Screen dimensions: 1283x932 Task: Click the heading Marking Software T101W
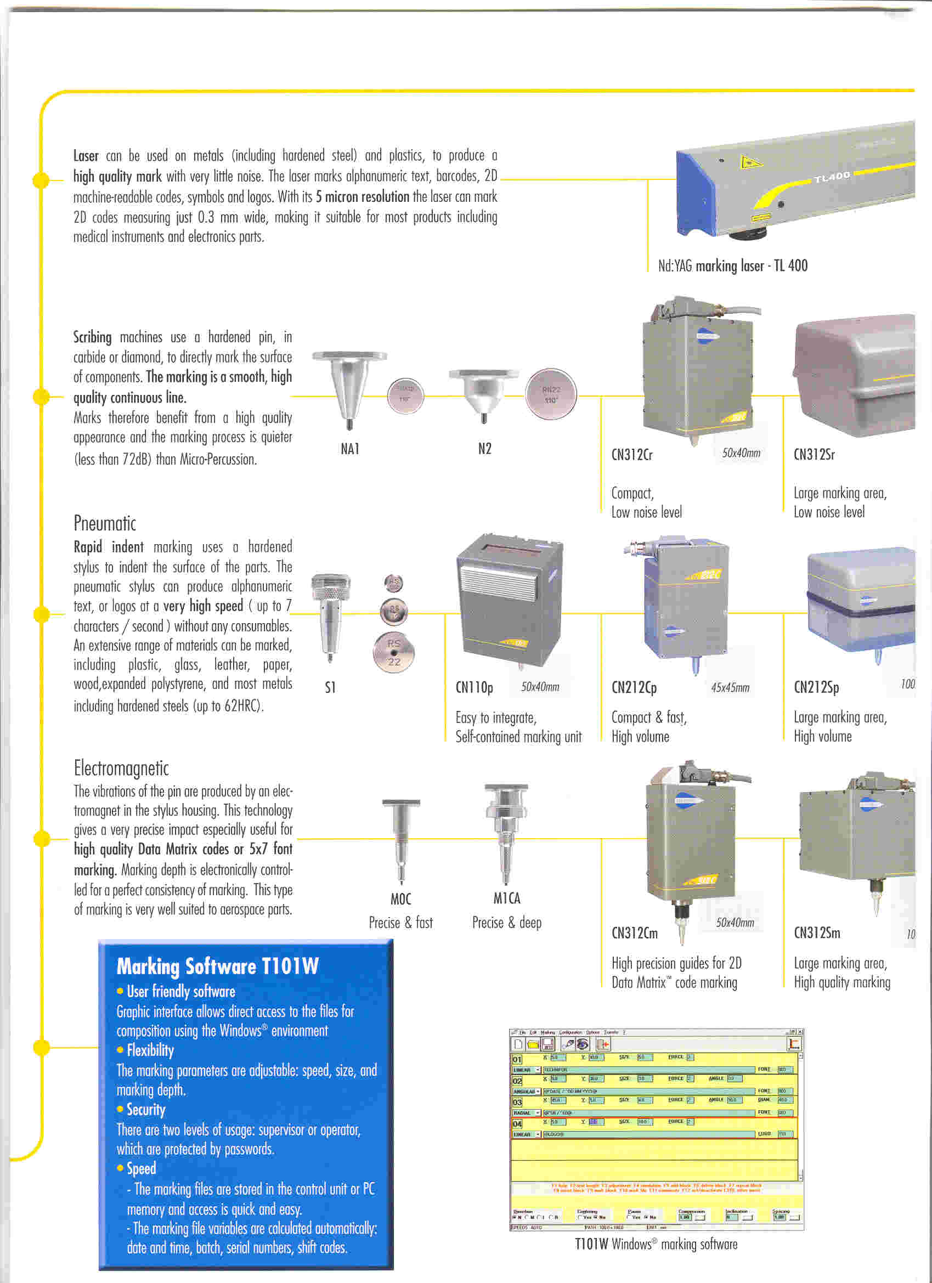point(218,965)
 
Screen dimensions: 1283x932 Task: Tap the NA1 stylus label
point(350,449)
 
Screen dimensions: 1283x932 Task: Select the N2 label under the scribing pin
point(484,449)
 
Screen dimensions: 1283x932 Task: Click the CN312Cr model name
point(632,455)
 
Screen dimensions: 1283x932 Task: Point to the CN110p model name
point(474,687)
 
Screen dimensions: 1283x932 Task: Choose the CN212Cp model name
point(634,687)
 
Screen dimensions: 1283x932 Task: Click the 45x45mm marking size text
point(730,688)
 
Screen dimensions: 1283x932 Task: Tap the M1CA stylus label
point(506,898)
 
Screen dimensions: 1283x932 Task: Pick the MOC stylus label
point(400,899)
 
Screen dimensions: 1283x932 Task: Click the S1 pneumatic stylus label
point(330,687)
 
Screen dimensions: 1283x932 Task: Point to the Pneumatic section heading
point(105,523)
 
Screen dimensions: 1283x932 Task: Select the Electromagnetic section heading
point(121,768)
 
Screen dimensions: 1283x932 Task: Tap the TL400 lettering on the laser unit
point(832,178)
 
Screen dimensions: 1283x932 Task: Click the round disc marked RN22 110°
point(551,395)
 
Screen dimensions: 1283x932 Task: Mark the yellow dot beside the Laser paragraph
point(41,180)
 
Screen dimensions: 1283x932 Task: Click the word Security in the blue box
point(146,1109)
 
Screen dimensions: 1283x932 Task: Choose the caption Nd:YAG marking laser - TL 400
point(732,265)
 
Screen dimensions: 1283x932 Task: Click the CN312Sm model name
point(817,933)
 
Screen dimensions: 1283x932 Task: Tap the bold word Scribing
point(92,337)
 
